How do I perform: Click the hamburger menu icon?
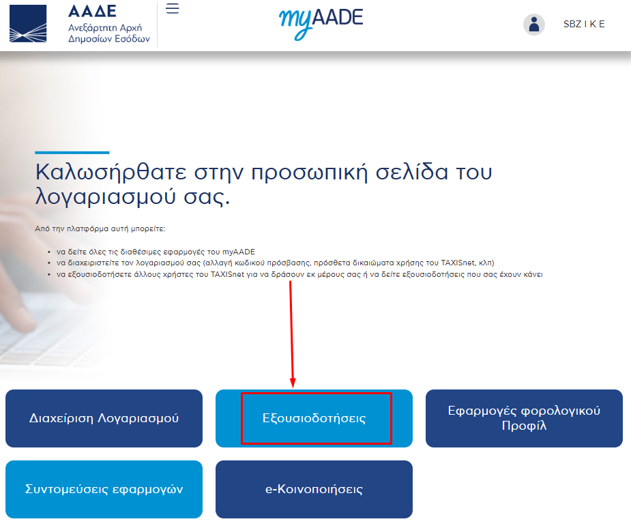point(172,8)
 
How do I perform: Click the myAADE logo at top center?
point(321,23)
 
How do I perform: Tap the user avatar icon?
point(534,24)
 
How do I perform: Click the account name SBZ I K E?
point(584,24)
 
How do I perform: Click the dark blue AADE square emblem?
point(28,24)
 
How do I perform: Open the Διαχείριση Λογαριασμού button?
point(104,418)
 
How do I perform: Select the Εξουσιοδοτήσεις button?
point(314,418)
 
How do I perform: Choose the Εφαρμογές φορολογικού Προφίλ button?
point(524,418)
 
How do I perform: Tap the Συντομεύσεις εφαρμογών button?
point(104,489)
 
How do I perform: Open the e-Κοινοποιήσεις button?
point(314,489)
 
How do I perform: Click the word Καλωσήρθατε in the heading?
point(111,173)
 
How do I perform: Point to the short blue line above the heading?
point(72,153)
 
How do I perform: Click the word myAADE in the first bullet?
point(239,252)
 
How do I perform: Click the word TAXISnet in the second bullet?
point(458,263)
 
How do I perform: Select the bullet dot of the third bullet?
point(49,275)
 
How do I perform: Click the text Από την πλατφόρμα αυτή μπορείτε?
point(100,229)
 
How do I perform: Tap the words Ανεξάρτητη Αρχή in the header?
point(105,28)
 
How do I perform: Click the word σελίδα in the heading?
point(411,173)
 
